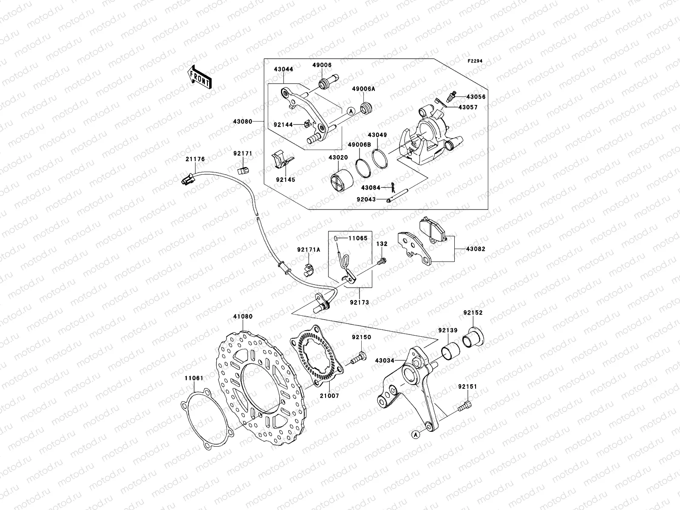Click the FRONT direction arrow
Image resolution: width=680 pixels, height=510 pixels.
[201, 77]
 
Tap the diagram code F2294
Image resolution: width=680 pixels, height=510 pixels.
[476, 61]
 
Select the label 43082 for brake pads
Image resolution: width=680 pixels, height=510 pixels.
[475, 249]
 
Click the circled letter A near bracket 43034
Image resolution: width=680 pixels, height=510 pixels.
[415, 434]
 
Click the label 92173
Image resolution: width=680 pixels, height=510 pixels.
[360, 303]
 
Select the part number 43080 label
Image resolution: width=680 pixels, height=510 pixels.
[242, 122]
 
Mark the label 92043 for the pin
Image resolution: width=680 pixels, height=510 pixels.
[366, 199]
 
